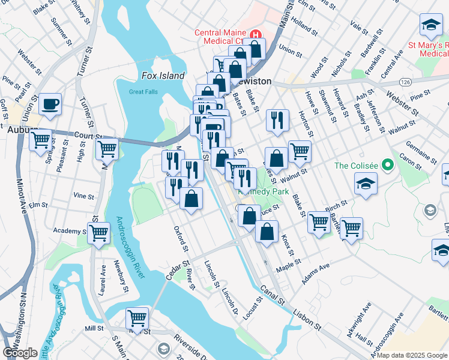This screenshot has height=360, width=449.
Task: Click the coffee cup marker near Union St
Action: click(50, 104)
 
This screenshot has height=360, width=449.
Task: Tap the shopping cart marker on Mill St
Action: click(137, 318)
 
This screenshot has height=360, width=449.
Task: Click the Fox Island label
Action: click(163, 76)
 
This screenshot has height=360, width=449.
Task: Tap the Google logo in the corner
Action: click(20, 353)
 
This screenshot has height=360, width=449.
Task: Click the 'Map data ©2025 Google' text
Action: click(412, 355)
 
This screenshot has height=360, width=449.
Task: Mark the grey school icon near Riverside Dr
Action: click(163, 349)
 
